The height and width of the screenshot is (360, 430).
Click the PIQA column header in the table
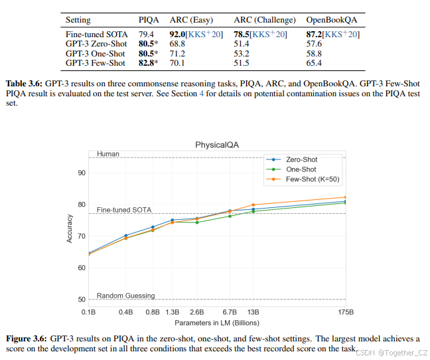point(149,21)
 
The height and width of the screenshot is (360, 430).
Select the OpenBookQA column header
point(332,21)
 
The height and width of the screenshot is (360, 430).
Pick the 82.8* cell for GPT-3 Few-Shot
point(149,62)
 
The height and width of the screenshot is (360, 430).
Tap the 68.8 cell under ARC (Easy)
point(180,43)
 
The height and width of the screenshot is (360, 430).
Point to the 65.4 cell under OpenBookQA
point(313,62)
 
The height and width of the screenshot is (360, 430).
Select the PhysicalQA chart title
point(216,144)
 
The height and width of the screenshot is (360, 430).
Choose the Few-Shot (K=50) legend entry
point(311,179)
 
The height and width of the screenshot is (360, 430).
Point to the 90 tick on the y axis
point(80,173)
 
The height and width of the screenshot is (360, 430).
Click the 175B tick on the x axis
point(346,312)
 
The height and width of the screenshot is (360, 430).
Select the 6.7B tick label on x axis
point(230,312)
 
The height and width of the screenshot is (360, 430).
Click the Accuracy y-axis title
point(70,227)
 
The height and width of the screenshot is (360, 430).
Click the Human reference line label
point(108,153)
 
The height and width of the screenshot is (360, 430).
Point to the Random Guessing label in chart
point(125,296)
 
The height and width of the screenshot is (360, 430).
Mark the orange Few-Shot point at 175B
point(346,197)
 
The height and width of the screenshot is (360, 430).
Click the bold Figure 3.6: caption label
point(27,338)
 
